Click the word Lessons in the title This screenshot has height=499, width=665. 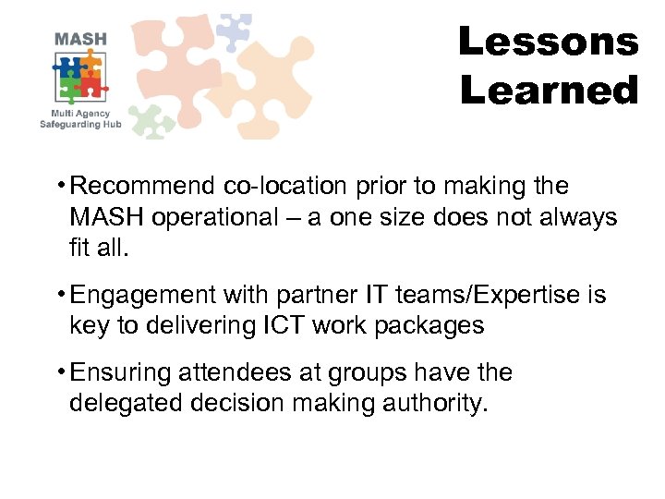click(548, 42)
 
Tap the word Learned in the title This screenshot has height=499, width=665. click(548, 91)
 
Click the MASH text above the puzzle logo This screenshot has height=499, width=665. click(80, 40)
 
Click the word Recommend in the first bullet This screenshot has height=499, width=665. click(143, 186)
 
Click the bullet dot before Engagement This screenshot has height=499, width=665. click(60, 295)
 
